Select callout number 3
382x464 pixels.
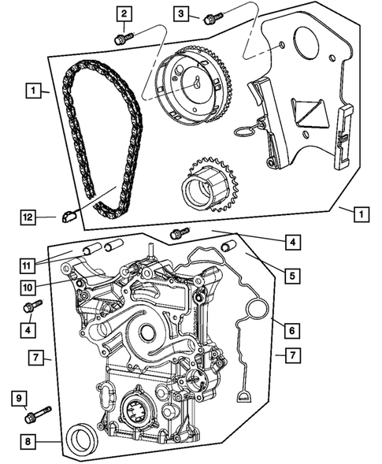(x=181, y=13)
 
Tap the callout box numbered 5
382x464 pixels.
(x=292, y=276)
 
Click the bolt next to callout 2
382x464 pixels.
(x=121, y=37)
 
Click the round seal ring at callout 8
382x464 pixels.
(x=82, y=437)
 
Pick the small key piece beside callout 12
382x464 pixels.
(x=69, y=210)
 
